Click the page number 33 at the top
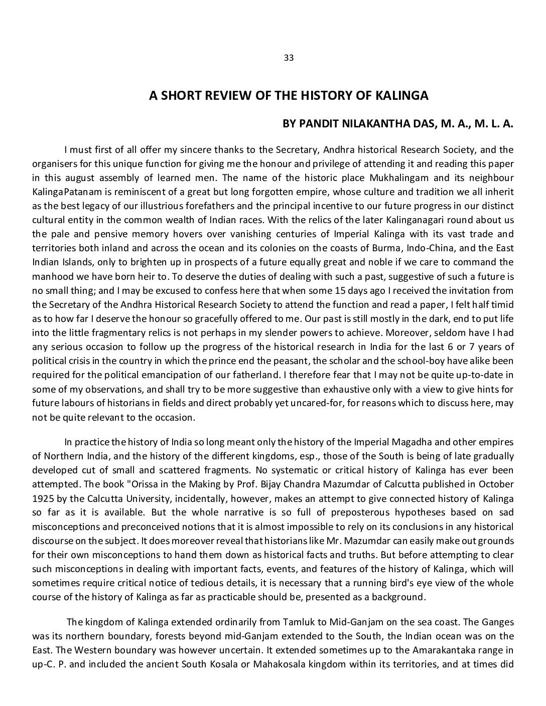(x=289, y=58)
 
